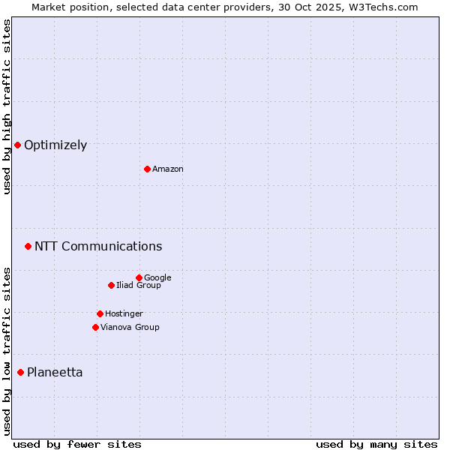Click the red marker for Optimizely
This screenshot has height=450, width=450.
coord(17,145)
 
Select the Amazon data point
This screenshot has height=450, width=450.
coord(147,169)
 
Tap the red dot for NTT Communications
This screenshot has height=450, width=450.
coord(28,246)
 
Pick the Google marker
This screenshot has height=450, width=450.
coord(139,277)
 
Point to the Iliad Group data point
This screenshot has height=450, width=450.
coord(111,285)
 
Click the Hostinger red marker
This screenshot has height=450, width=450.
coord(100,313)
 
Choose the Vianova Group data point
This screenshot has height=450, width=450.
coord(95,327)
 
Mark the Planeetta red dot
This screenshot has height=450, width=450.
coord(20,372)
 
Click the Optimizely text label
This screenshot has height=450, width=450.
coord(55,145)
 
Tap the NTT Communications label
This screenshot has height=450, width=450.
coord(98,246)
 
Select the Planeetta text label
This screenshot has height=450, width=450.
coord(55,373)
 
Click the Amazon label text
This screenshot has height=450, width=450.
coord(168,169)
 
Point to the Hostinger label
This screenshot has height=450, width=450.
coord(124,313)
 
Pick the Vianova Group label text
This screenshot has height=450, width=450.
coord(130,327)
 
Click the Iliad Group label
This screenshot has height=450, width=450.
coord(139,285)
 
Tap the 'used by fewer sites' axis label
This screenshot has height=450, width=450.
coord(77,444)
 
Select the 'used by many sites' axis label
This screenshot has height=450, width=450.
coord(376,444)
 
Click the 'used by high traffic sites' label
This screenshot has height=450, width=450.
coord(7,106)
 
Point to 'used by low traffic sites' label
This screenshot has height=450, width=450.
coord(7,350)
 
